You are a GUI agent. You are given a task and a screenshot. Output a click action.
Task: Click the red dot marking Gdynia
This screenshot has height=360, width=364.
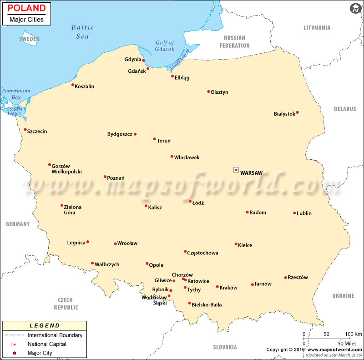coord(143,60)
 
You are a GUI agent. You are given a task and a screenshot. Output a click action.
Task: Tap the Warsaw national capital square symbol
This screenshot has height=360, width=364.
coord(236,170)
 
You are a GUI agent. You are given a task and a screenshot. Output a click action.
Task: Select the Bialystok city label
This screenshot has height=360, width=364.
coord(284,114)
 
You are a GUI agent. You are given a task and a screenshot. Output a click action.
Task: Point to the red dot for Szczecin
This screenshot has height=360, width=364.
coord(25,129)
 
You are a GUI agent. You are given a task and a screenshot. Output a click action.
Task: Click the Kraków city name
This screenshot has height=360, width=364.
coord(228,288)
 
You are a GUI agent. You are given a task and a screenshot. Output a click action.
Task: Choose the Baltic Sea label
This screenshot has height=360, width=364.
coord(82,31)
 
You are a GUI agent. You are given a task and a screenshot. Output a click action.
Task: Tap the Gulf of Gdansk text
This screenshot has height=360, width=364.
coord(165,46)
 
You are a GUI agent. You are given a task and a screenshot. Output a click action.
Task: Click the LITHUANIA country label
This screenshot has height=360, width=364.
coord(317,28)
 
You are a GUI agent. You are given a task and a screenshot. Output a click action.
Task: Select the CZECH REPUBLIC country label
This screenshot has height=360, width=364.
coord(66,304)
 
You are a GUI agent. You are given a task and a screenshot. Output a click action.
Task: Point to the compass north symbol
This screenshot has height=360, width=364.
coord(355,8)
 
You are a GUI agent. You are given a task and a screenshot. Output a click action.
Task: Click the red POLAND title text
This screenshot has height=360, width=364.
coord(27,8)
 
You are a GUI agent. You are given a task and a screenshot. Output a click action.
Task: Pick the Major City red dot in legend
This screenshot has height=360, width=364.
coord(14,353)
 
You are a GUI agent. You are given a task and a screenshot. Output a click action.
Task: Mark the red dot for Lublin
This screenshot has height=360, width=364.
coord(294,213)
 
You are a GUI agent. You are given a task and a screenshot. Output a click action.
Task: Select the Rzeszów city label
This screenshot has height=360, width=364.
coord(298,278)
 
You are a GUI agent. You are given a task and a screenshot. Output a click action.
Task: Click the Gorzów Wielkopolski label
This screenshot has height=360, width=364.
coord(66,168)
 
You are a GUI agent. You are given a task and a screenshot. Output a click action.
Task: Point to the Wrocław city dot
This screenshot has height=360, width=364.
coord(115,243)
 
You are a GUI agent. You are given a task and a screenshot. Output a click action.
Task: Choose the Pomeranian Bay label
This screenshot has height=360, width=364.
coord(16,94)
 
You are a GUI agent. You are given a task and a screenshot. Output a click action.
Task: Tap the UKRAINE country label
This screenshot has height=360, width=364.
coord(343,296)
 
